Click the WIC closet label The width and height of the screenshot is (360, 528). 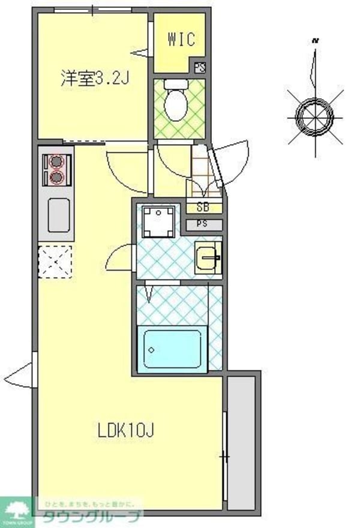click(x=181, y=40)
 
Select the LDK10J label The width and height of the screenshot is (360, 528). click(x=127, y=430)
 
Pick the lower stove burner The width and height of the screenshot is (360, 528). click(x=56, y=177)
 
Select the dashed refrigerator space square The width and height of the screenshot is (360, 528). click(x=55, y=262)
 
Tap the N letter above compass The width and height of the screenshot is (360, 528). click(x=314, y=41)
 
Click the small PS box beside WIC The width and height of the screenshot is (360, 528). click(x=200, y=67)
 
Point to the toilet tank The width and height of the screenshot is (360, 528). click(x=177, y=85)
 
